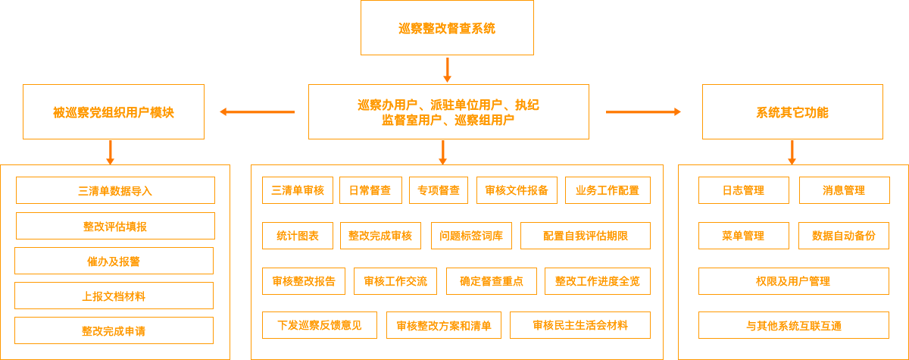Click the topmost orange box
click(x=447, y=28)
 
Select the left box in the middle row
click(x=113, y=111)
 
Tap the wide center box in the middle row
click(x=448, y=111)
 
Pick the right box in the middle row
click(x=792, y=111)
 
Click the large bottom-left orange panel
click(x=115, y=261)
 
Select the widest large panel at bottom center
click(x=457, y=261)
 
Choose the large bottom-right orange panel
click(x=792, y=261)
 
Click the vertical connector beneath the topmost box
click(x=447, y=70)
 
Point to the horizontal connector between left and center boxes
click(x=257, y=111)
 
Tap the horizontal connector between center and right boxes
click(x=643, y=111)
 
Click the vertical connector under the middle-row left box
click(x=110, y=152)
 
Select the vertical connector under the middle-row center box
click(x=442, y=152)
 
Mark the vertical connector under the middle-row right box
click(x=792, y=152)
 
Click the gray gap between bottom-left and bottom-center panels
click(x=240, y=261)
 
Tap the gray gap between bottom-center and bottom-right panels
click(x=670, y=261)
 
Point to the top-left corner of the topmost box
click(x=361, y=1)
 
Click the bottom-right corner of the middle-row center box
click(x=589, y=139)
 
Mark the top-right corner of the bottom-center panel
click(x=663, y=164)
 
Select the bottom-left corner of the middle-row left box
click(x=22, y=139)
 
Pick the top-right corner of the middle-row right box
click(x=882, y=84)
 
